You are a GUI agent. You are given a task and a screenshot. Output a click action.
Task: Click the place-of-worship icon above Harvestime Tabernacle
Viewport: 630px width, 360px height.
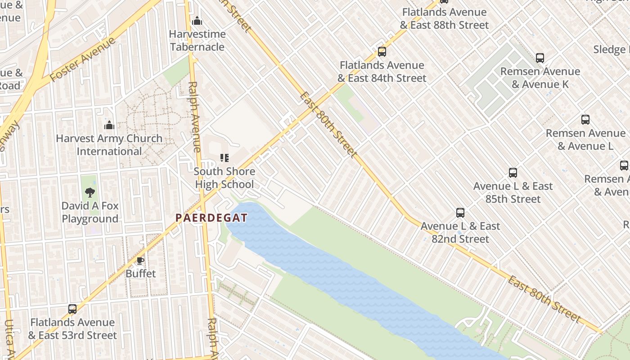coord(197,21)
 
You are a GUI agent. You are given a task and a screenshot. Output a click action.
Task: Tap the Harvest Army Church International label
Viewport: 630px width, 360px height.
coord(109,145)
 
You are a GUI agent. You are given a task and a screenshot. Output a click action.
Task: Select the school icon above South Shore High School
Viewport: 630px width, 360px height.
coord(224,158)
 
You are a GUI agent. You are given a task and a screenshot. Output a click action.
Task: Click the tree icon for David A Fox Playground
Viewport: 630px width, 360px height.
coord(90,193)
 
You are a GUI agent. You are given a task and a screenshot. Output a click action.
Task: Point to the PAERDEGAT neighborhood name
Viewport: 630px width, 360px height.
coord(211,218)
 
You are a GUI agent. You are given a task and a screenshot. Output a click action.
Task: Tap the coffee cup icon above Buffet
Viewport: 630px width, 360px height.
coord(140,261)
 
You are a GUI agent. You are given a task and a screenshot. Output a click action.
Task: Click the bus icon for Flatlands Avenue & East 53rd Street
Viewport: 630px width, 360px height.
coord(72,309)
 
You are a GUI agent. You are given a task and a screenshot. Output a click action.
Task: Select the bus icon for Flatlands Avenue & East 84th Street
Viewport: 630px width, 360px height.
coord(382,52)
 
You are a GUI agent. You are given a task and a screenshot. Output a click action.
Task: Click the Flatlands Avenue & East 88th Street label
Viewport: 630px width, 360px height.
coord(444,18)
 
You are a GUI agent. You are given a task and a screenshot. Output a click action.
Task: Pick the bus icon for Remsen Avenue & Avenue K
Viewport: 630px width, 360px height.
coord(540,58)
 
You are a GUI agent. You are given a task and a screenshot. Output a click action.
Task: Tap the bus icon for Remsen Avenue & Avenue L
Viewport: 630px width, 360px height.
coord(585,120)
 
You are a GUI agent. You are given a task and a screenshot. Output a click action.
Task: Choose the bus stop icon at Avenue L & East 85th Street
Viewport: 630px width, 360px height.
coord(513,173)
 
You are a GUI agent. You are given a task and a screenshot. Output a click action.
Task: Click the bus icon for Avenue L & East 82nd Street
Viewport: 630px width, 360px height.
coord(460,213)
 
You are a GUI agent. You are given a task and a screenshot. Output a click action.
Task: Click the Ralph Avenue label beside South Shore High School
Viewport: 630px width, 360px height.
coord(195,117)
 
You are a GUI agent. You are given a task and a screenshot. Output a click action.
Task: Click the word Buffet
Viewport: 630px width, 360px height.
coord(140,274)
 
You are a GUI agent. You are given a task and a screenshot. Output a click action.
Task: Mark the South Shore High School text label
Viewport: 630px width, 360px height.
coord(225,178)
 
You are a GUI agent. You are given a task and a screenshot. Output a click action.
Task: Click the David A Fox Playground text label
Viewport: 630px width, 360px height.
coord(90,212)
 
